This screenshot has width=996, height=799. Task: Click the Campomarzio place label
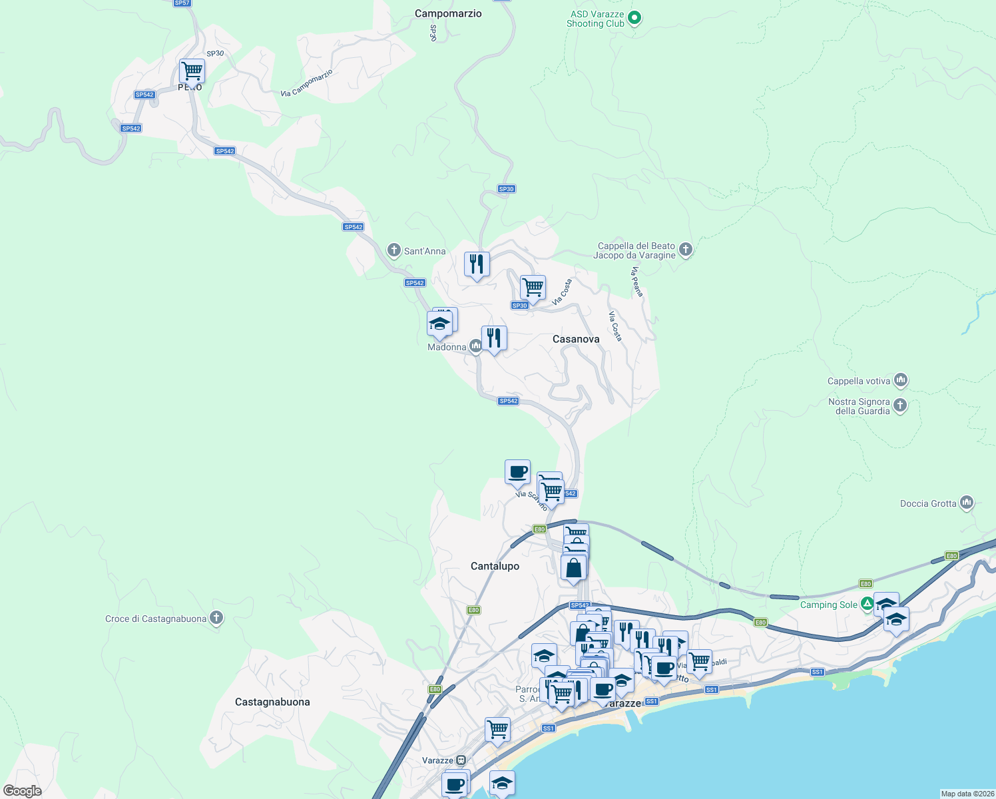point(448,13)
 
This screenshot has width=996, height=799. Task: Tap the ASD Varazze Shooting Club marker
point(634,18)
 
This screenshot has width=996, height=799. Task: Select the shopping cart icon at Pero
point(192,71)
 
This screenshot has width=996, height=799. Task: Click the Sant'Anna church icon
point(394,251)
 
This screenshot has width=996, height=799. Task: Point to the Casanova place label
point(576,339)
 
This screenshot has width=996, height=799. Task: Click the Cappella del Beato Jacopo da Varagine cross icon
point(686,250)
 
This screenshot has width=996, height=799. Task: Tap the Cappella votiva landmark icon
point(901,380)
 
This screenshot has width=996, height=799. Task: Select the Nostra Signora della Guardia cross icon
point(900,405)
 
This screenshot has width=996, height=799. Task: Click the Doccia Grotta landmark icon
point(967,503)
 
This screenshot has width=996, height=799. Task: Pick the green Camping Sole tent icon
point(867,604)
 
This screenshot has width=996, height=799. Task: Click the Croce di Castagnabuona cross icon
point(216,618)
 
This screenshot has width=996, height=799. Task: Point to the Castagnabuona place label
point(272,702)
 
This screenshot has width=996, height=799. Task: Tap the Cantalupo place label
point(495,566)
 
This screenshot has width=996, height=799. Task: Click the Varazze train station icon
point(461,760)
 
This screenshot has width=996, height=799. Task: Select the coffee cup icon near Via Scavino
point(517,472)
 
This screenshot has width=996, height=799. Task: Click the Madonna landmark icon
point(475,346)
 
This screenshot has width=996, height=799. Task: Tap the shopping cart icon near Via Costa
point(533,288)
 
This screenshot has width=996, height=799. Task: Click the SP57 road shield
point(182,3)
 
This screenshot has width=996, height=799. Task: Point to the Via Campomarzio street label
point(306,83)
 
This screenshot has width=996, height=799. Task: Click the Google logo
point(23,791)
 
